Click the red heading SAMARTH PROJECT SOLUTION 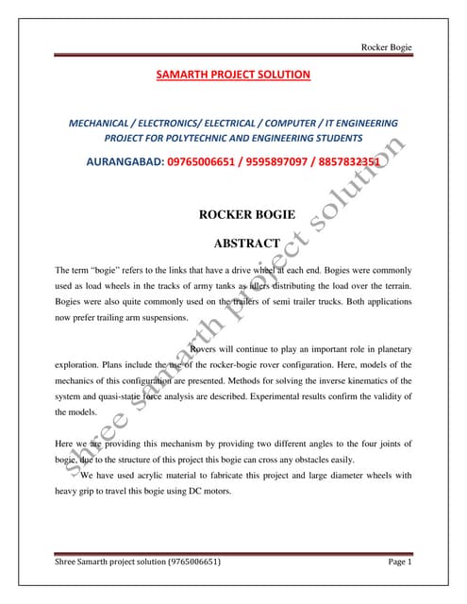(x=233, y=73)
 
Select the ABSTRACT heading (x=233, y=243)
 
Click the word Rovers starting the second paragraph (x=208, y=348)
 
